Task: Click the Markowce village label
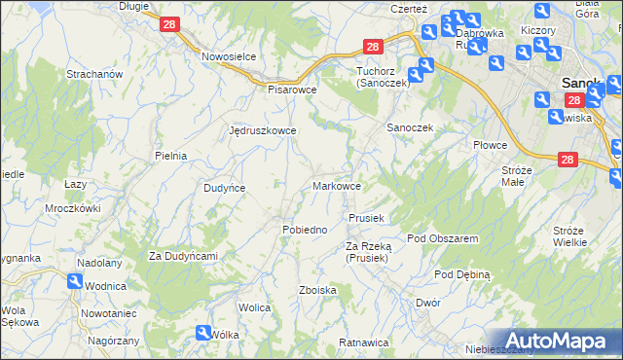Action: point(338,185)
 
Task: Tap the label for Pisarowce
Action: point(293,89)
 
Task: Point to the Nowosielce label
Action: point(229,56)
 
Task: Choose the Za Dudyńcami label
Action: point(182,256)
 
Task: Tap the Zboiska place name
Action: point(318,290)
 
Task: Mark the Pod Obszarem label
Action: point(443,238)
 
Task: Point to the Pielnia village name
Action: point(170,155)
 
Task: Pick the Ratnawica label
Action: point(363,342)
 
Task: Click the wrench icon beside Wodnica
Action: point(75,280)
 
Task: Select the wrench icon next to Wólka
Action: point(202,332)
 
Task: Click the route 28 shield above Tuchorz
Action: point(374,46)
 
